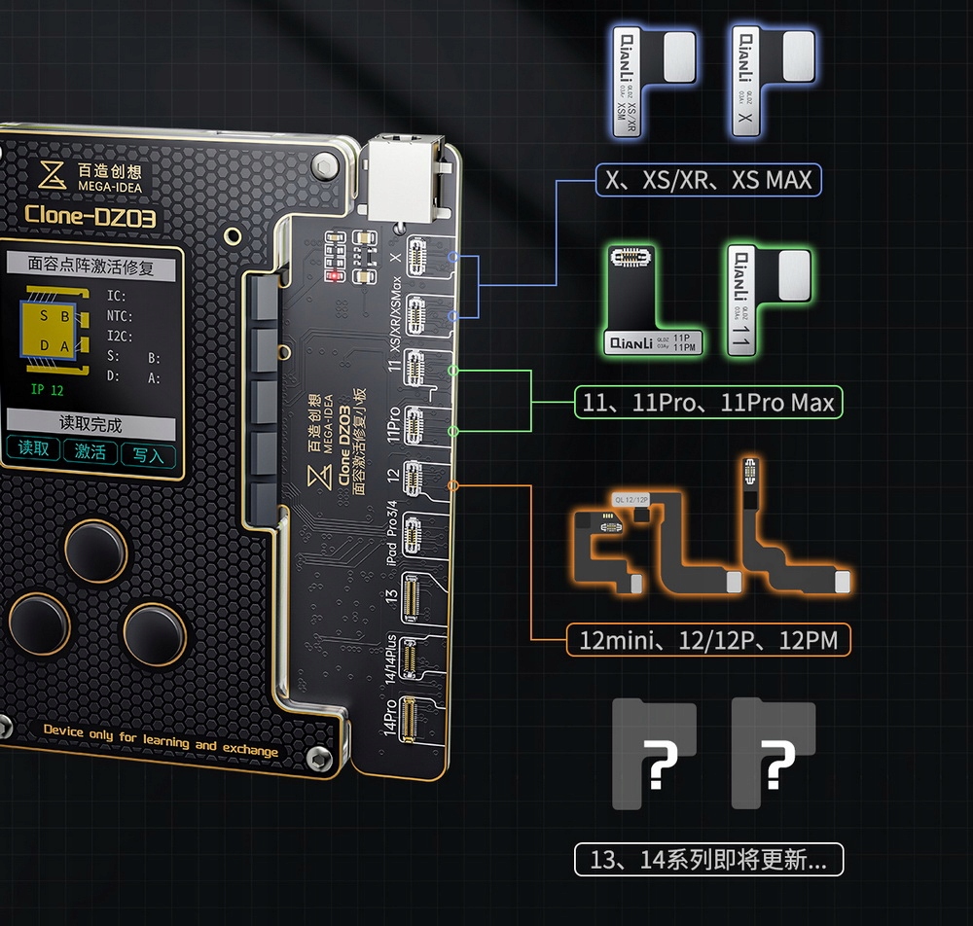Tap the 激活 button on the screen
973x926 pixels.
[90, 451]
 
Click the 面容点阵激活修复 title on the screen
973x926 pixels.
[90, 265]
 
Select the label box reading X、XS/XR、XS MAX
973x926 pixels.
[708, 180]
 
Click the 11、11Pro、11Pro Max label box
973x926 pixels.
[708, 402]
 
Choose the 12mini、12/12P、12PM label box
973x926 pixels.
[708, 640]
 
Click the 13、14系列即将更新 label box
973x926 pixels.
[708, 860]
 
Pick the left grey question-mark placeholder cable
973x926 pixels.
[654, 755]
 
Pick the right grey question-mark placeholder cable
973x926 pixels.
[774, 755]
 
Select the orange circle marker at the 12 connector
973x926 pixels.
[453, 484]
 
